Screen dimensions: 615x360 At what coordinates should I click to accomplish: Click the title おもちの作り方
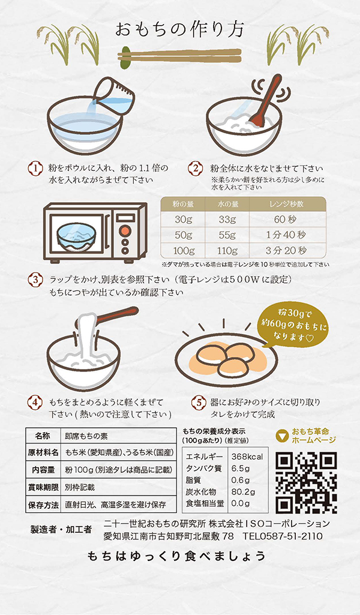[180, 29]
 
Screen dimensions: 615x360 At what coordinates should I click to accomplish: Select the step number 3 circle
[36, 280]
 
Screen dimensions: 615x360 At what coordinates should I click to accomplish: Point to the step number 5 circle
[196, 402]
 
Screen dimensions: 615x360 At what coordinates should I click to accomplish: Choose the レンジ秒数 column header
[286, 205]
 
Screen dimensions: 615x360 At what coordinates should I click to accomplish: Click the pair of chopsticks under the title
[180, 56]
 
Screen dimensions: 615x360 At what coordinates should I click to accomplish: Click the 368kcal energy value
[247, 457]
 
